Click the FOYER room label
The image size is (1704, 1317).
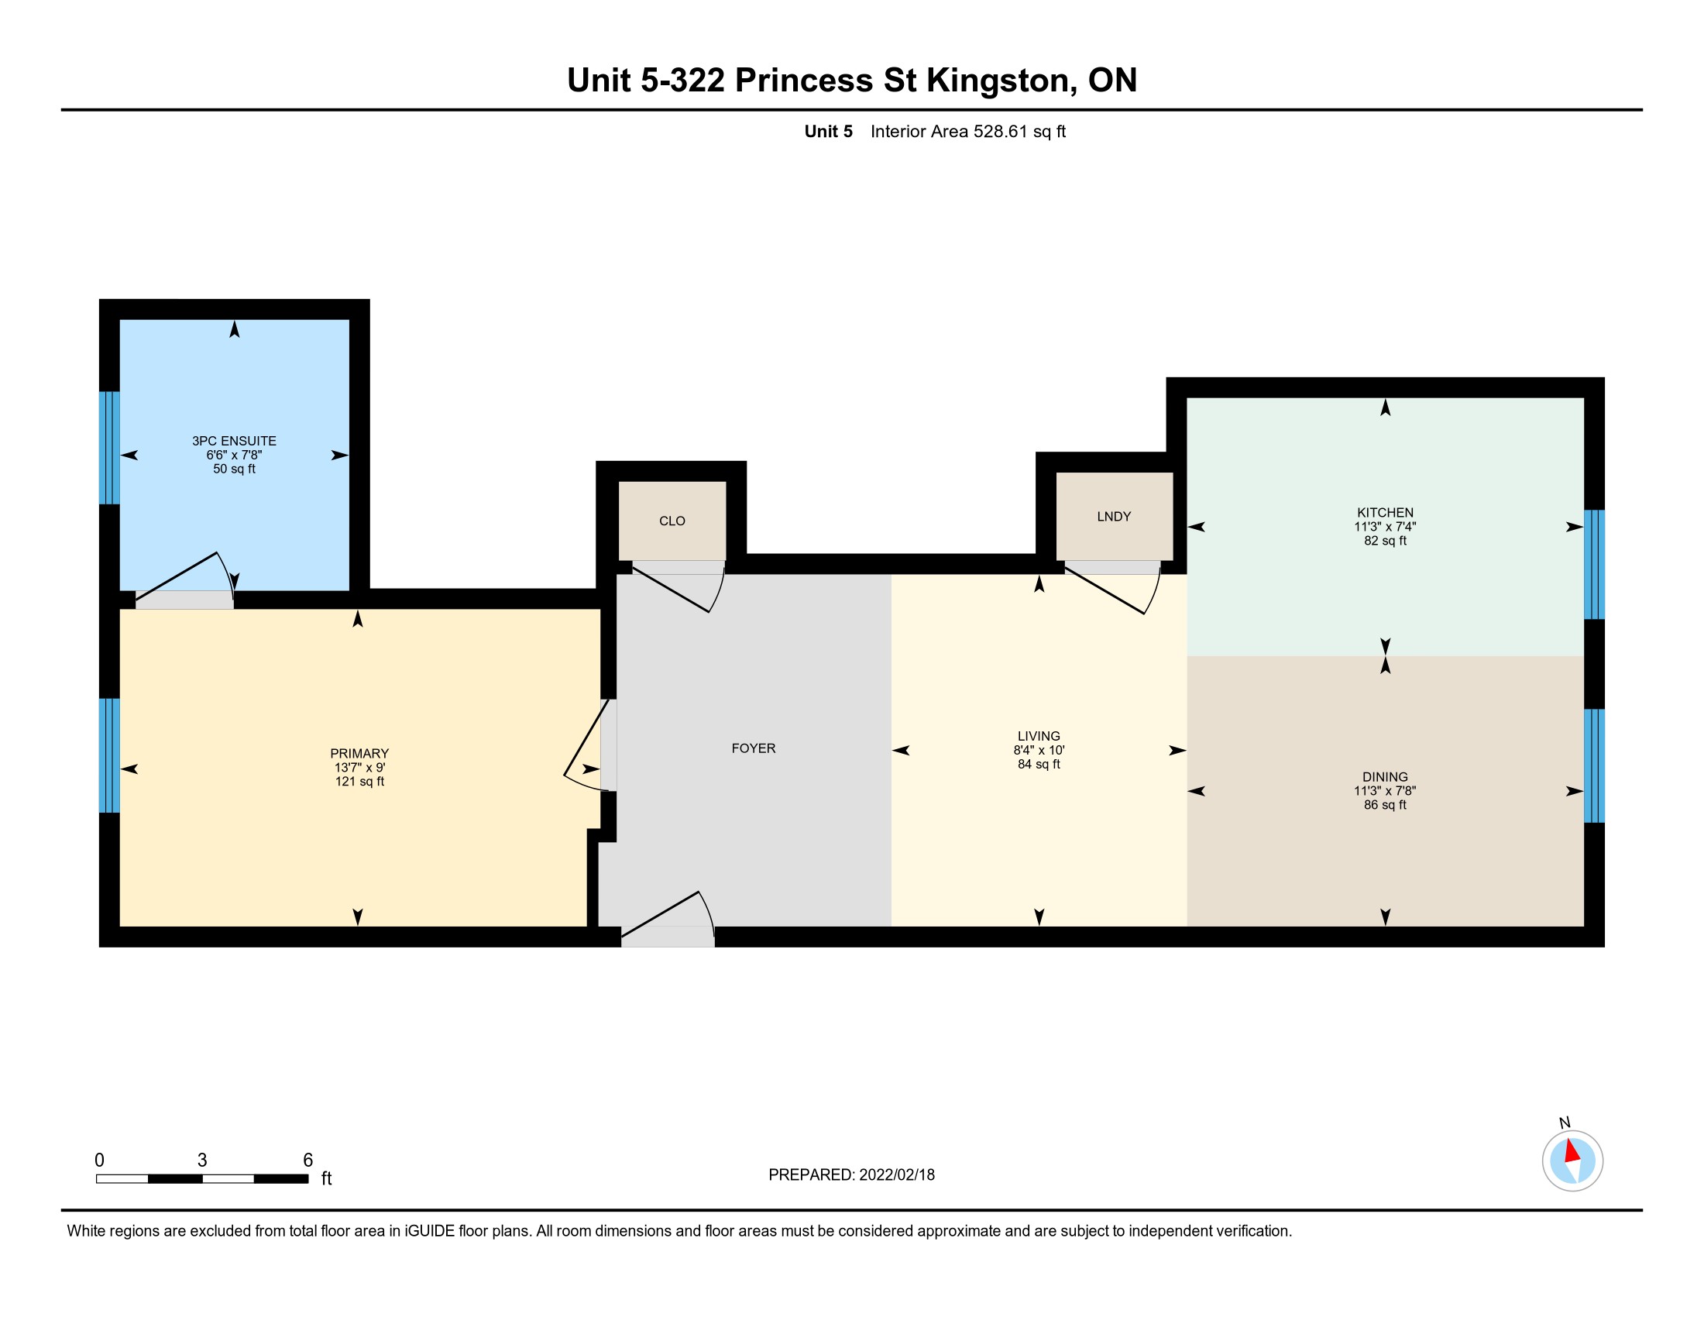tap(753, 748)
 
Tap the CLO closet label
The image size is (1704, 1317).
tap(672, 521)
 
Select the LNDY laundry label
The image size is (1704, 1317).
tap(1113, 517)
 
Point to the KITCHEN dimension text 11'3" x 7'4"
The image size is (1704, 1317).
tap(1385, 527)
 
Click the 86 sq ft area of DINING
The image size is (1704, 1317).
tap(1385, 804)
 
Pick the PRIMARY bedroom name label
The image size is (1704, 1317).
tap(359, 754)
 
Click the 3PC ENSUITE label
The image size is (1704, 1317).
tap(234, 441)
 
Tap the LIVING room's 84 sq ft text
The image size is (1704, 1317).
tap(1039, 764)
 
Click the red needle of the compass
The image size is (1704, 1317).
tap(1572, 1151)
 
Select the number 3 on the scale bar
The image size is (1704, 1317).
tap(202, 1161)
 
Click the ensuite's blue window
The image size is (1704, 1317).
tap(109, 448)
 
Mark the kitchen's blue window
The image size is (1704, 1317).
tap(1594, 564)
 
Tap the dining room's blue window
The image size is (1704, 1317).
tap(1594, 765)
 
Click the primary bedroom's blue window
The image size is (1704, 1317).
tap(109, 755)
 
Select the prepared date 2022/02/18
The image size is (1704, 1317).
tap(895, 1175)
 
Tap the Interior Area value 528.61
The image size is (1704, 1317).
tap(1000, 131)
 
